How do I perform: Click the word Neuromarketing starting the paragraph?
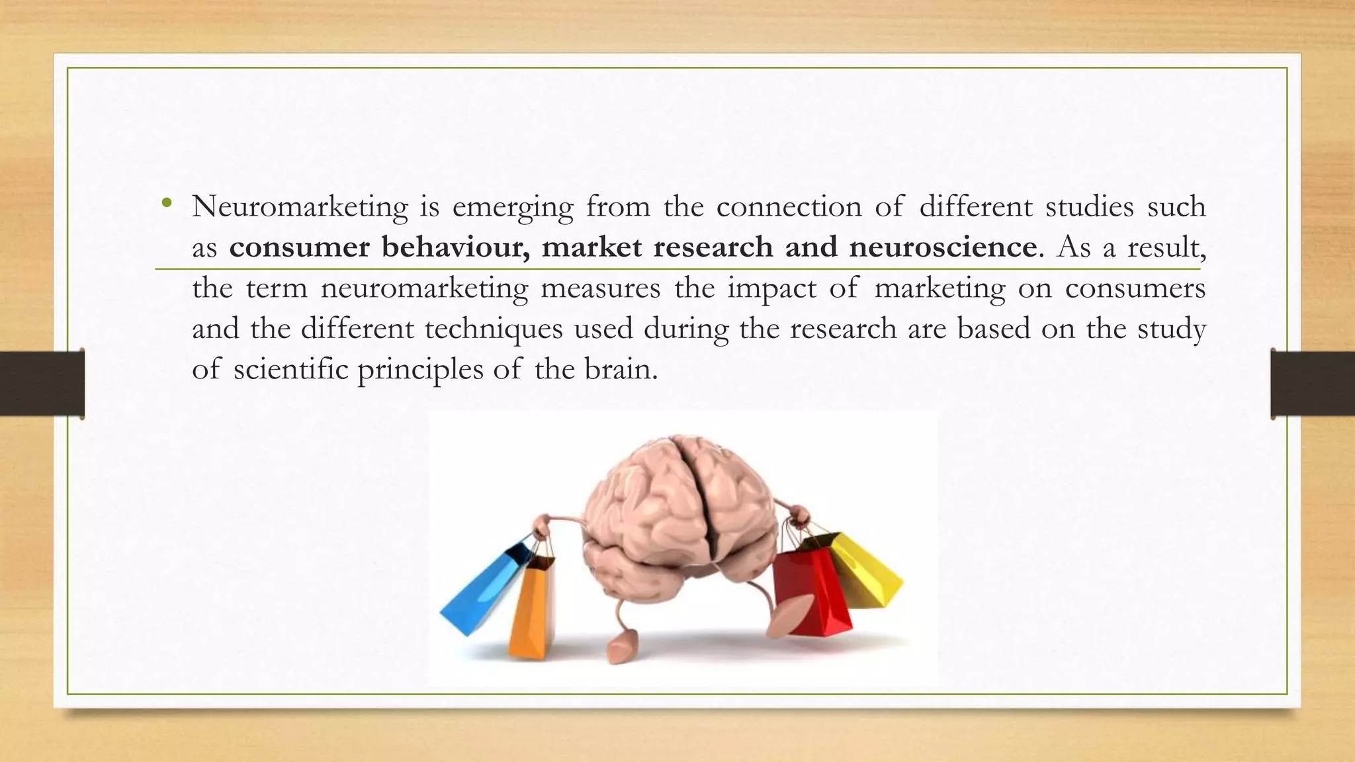(300, 207)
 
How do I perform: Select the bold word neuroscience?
(943, 247)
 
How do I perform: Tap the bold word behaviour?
(455, 247)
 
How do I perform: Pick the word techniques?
(494, 329)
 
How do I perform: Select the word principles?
(420, 370)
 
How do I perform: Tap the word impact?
(771, 289)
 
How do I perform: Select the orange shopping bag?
(532, 609)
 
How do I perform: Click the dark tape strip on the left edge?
(42, 384)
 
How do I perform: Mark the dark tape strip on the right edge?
(1313, 384)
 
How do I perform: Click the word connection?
(789, 207)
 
